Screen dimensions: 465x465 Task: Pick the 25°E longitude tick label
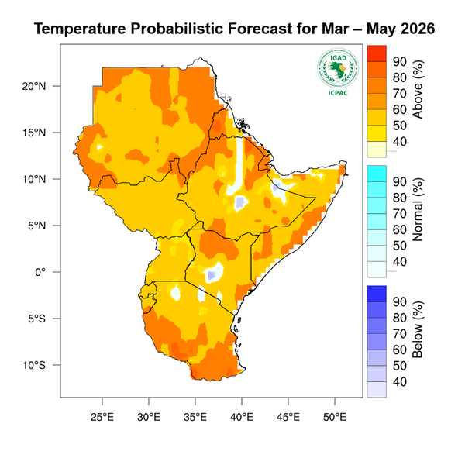pos(102,416)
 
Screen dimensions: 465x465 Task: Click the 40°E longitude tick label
pos(242,416)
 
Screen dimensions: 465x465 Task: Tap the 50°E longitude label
pos(335,416)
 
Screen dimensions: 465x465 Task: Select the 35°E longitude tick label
pos(195,416)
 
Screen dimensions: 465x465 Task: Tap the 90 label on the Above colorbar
pos(400,62)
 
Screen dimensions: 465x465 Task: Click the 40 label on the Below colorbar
pos(400,381)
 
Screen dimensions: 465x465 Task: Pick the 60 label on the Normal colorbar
pos(400,229)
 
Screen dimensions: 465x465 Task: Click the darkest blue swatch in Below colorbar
pos(376,293)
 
